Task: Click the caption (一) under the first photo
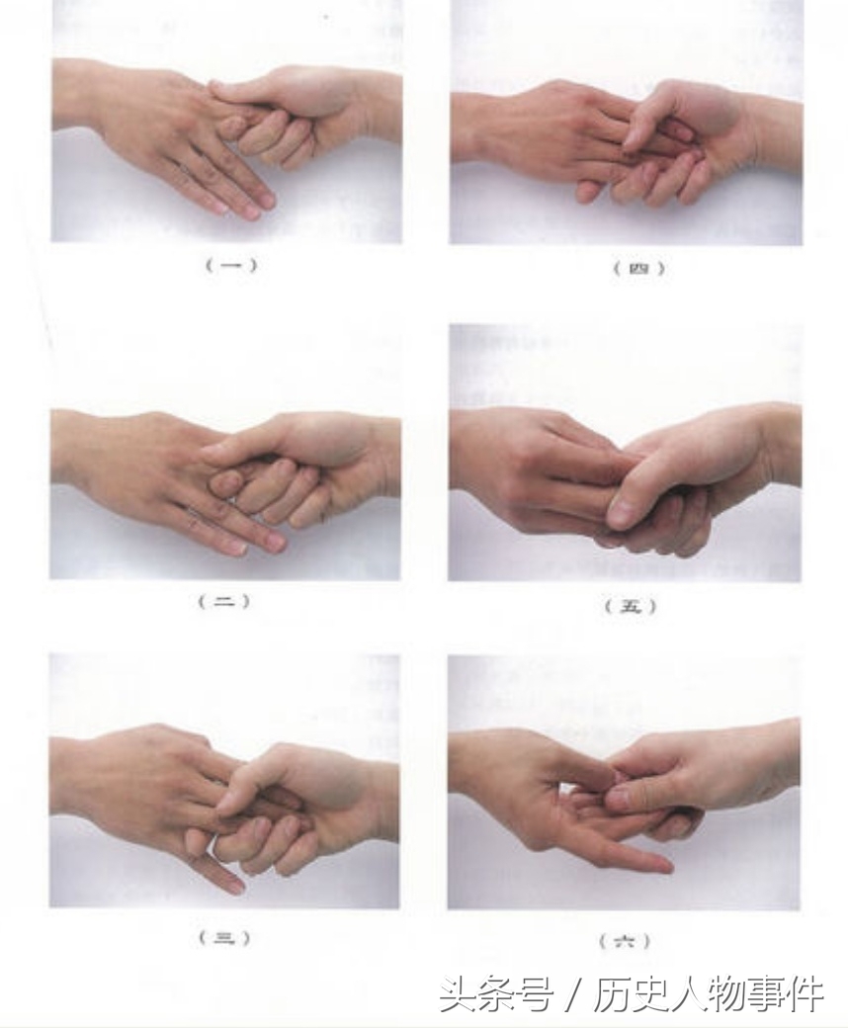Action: tap(230, 266)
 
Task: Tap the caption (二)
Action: tap(224, 602)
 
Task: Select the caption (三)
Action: tap(224, 938)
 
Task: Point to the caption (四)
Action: tap(638, 268)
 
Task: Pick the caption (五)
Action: tap(630, 607)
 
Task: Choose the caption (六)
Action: tap(625, 941)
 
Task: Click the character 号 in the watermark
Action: tap(532, 994)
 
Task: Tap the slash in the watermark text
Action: tap(572, 994)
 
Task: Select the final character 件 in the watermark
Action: tap(805, 994)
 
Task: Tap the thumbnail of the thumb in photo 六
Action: tap(620, 798)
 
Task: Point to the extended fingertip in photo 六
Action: tap(665, 868)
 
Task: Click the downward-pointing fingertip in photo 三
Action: tap(236, 888)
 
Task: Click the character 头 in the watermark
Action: tap(458, 994)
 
